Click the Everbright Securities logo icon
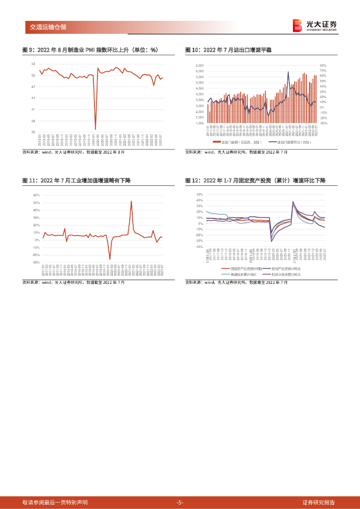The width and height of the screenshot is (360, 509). (297, 25)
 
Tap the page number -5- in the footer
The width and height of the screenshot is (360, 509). (180, 502)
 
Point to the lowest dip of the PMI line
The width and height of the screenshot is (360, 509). (95, 129)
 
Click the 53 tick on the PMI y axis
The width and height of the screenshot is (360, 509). (33, 64)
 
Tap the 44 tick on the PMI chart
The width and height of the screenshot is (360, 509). (33, 98)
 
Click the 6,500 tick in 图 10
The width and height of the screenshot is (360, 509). (200, 65)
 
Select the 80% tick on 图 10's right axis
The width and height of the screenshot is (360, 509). (322, 65)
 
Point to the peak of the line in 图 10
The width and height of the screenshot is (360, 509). (288, 72)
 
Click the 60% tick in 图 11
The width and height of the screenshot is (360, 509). (36, 195)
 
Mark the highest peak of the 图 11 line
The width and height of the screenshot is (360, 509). (131, 201)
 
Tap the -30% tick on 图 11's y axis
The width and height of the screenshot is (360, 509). (36, 262)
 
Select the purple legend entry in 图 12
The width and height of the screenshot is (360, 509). (285, 274)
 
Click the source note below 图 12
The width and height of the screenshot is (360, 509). (236, 282)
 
